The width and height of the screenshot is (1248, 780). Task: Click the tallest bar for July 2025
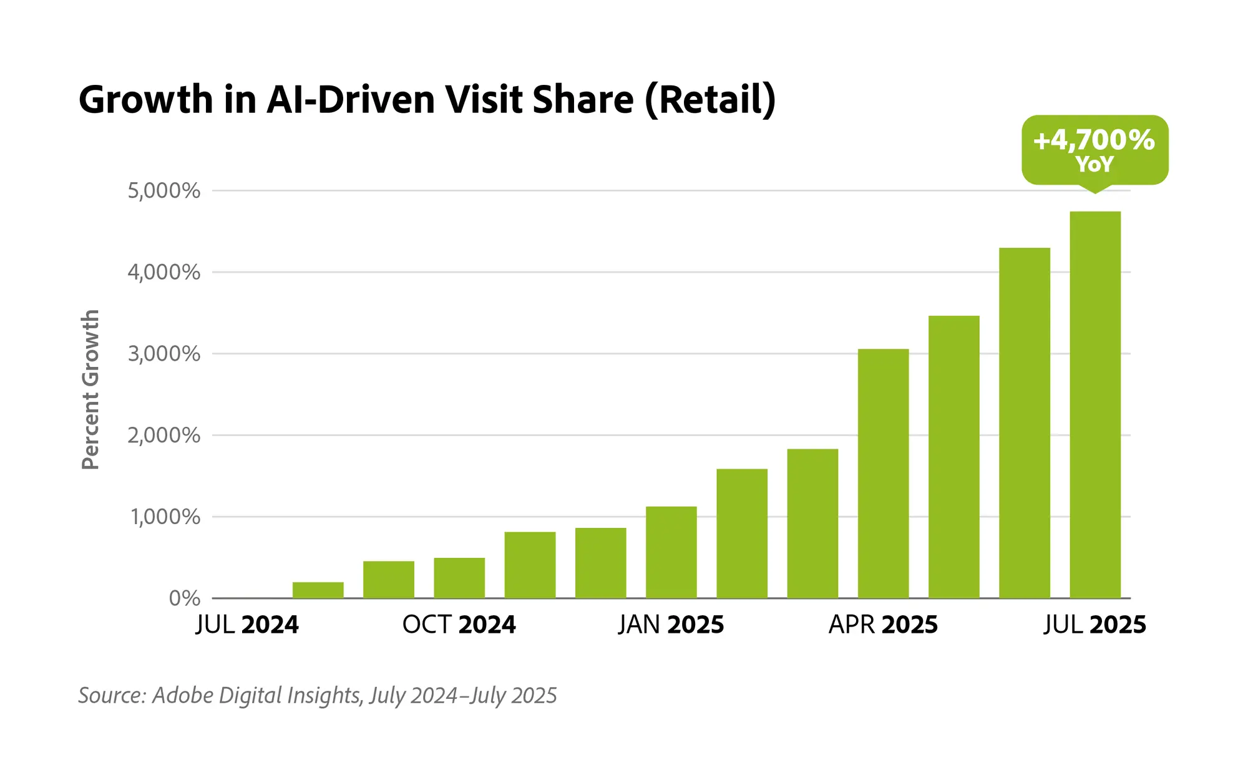pyautogui.click(x=1094, y=406)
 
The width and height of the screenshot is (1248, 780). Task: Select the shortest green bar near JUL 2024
pyautogui.click(x=318, y=590)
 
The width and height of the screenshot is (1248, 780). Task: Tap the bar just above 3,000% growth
pyautogui.click(x=883, y=474)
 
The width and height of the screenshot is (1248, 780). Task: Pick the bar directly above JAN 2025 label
pyautogui.click(x=671, y=552)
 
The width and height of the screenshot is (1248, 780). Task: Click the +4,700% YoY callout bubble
pyautogui.click(x=1094, y=150)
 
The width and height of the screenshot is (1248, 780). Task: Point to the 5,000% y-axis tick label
pyautogui.click(x=164, y=191)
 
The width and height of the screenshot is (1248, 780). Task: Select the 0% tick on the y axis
pyautogui.click(x=184, y=598)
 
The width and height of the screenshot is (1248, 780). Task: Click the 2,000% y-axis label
pyautogui.click(x=164, y=436)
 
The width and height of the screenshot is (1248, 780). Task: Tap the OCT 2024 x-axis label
pyautogui.click(x=459, y=625)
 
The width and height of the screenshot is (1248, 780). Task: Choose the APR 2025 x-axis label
pyautogui.click(x=882, y=625)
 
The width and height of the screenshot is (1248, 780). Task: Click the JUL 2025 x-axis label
pyautogui.click(x=1094, y=625)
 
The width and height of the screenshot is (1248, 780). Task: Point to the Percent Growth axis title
pyautogui.click(x=90, y=390)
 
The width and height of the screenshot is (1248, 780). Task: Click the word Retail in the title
pyautogui.click(x=710, y=100)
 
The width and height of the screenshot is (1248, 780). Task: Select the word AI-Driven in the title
pyautogui.click(x=350, y=100)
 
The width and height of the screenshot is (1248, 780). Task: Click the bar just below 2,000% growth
pyautogui.click(x=812, y=524)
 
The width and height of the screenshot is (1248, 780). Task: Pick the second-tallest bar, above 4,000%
pyautogui.click(x=1024, y=424)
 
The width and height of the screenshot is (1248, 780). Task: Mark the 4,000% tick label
pyautogui.click(x=164, y=273)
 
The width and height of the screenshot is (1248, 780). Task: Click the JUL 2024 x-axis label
pyautogui.click(x=247, y=625)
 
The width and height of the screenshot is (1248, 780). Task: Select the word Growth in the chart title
pyautogui.click(x=145, y=100)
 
